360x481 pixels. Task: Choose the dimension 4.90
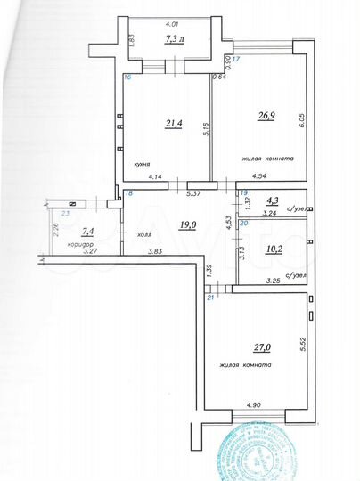point(254,406)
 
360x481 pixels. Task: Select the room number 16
point(127,77)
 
